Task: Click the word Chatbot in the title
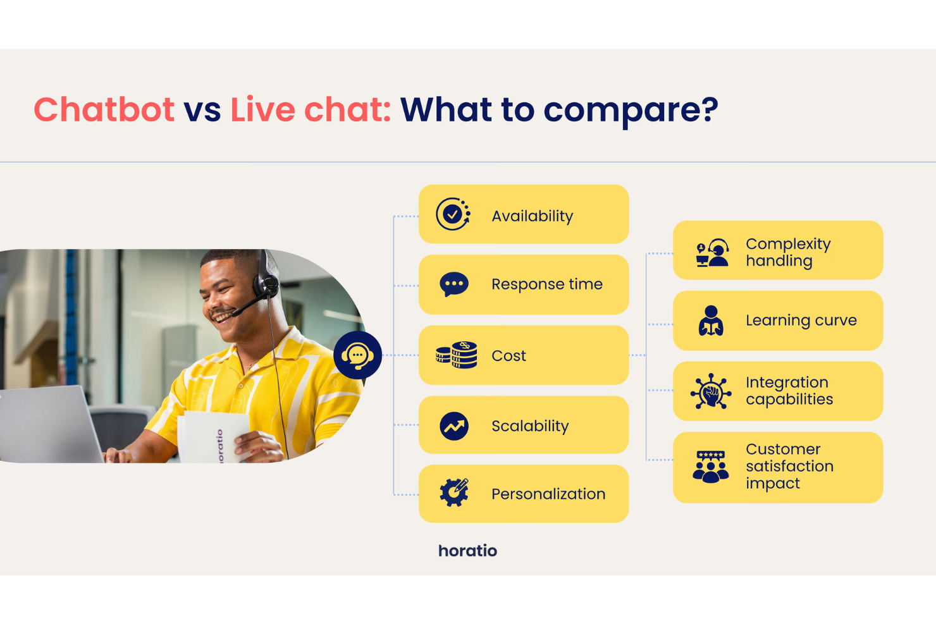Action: pos(104,109)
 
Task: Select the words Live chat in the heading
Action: pos(310,109)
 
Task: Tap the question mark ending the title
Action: pos(709,109)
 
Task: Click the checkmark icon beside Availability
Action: pos(453,214)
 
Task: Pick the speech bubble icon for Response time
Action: pos(453,284)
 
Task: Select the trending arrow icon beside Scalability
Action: pos(453,426)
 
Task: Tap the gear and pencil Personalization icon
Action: pos(454,493)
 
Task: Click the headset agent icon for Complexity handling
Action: pos(712,252)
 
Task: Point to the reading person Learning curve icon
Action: pos(711,321)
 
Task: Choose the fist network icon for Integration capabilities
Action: pos(711,391)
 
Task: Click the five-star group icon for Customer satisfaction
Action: pos(710,467)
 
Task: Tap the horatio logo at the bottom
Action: pos(467,551)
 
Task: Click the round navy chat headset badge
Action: pos(357,355)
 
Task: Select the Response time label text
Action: pos(546,284)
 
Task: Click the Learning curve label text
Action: pos(801,321)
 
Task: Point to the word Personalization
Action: pos(548,494)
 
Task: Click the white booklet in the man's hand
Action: pos(212,436)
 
